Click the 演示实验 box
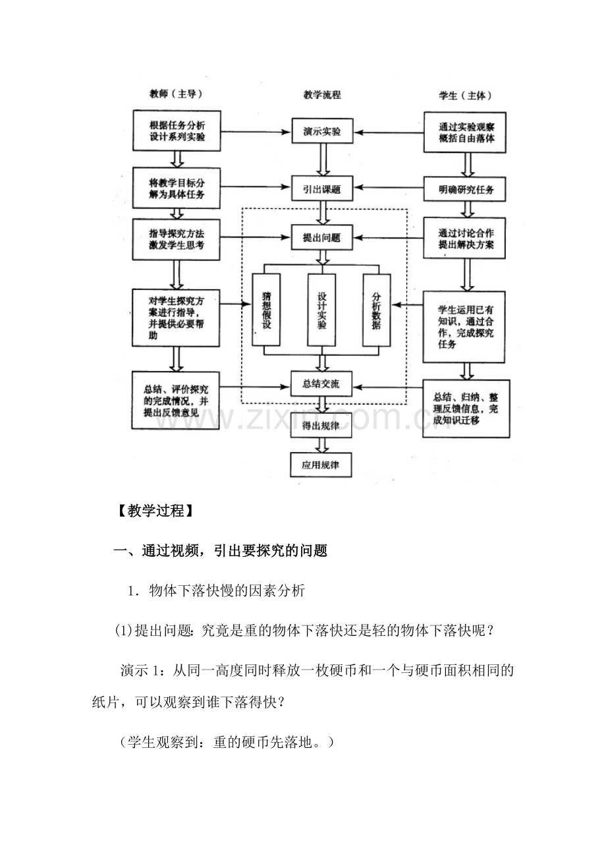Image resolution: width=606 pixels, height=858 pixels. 322,131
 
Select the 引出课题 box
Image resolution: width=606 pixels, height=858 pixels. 322,188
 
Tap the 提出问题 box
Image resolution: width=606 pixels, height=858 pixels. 321,237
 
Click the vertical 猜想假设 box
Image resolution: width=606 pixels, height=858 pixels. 266,310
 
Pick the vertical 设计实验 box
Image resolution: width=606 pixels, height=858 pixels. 321,310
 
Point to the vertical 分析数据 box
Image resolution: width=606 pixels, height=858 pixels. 377,310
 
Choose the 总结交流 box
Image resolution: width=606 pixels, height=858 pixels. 321,384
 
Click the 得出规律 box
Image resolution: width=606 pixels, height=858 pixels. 321,425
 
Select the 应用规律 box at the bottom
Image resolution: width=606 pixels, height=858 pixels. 321,465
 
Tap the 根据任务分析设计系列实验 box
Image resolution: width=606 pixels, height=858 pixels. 177,130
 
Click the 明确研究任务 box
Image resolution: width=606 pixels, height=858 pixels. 464,189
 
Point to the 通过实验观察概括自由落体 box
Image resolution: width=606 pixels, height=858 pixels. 465,132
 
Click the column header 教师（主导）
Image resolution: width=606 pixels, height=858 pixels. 176,94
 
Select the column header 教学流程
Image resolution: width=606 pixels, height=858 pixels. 322,95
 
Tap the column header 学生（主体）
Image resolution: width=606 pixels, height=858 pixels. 466,96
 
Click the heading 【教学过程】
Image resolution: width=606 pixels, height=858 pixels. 155,511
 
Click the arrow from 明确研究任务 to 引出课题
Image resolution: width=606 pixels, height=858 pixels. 388,188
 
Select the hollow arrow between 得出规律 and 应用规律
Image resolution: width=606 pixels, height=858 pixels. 321,445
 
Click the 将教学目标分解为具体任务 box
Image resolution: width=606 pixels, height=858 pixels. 177,188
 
